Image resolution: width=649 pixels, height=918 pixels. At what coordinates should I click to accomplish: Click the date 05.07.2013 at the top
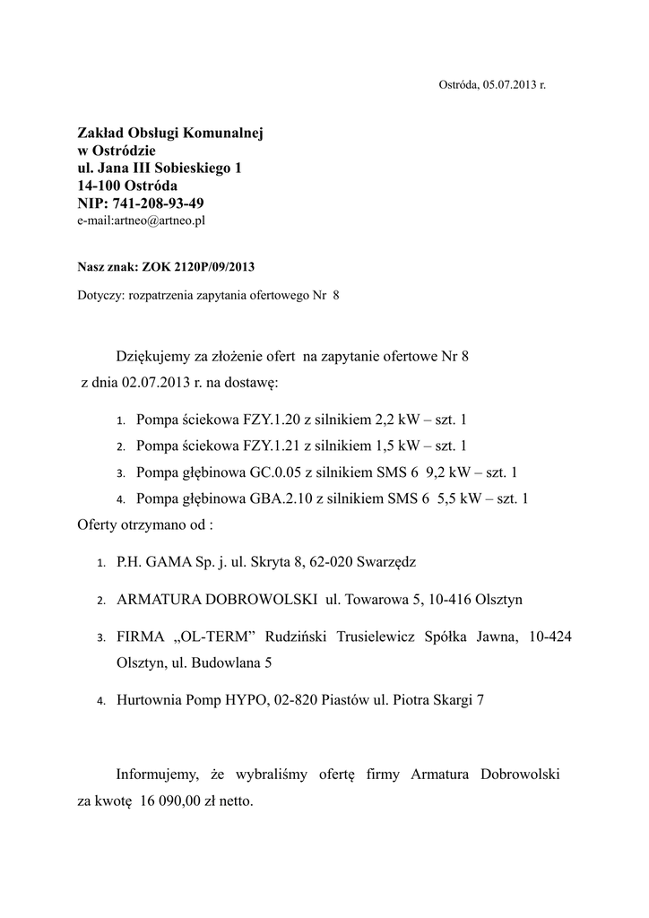click(508, 84)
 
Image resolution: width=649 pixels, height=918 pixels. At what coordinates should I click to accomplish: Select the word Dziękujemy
click(160, 357)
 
